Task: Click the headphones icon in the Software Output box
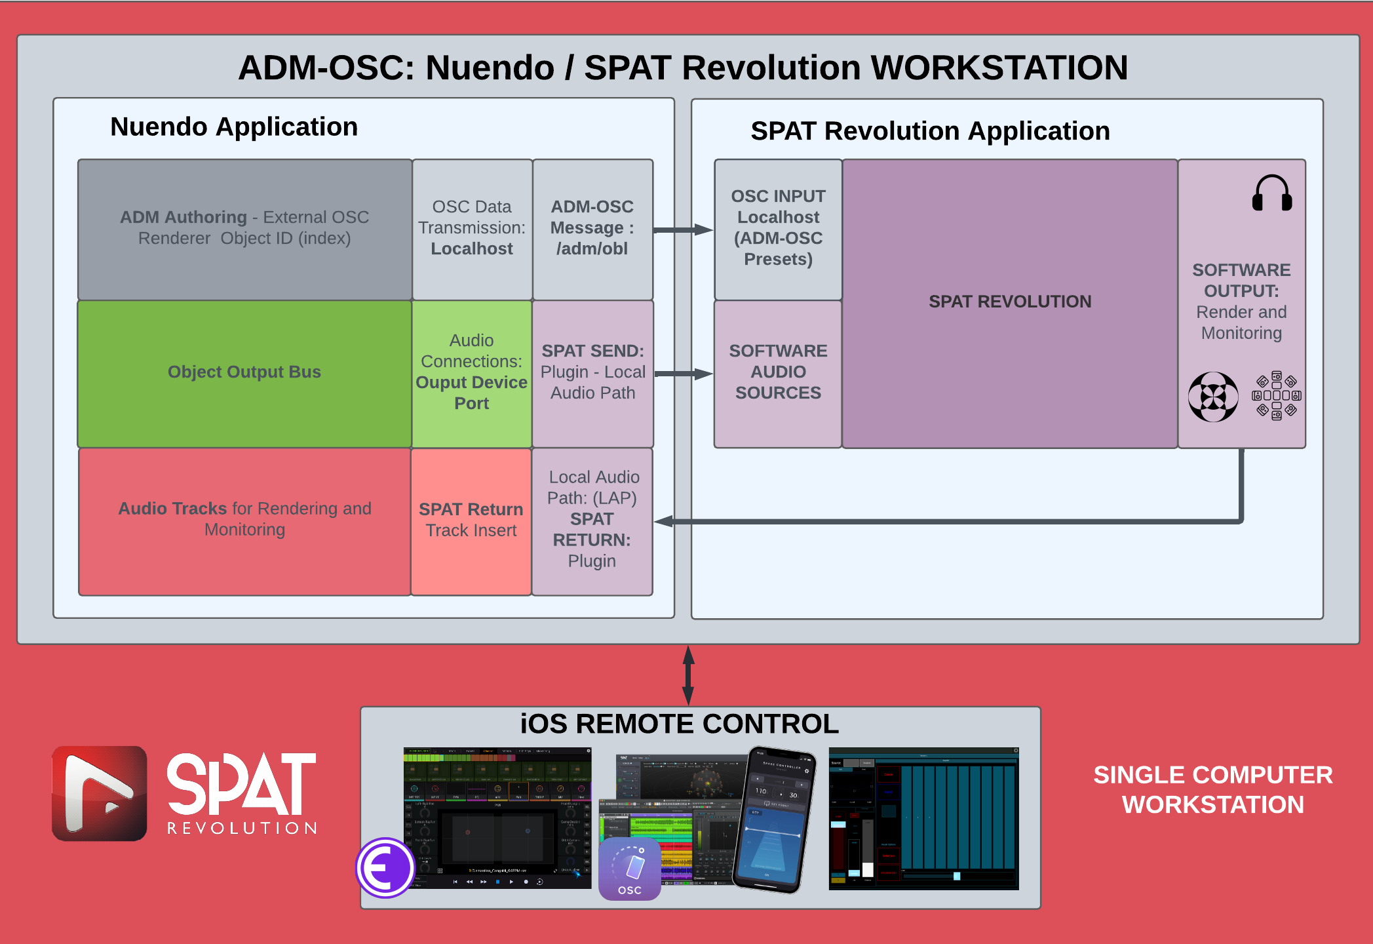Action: [1271, 193]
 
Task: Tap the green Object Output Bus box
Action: [244, 372]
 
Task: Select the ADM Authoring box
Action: [244, 228]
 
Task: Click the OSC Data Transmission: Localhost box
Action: [472, 228]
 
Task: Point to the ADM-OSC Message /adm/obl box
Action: [592, 228]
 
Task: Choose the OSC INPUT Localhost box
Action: [778, 228]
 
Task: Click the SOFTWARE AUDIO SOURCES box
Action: [778, 372]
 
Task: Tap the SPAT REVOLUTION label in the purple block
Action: [1009, 302]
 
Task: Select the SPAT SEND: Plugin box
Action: [592, 372]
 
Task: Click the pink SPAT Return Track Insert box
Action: [471, 521]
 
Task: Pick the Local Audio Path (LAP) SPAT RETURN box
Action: [592, 521]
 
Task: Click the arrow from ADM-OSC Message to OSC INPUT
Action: [682, 230]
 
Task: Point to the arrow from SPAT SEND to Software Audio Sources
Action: [682, 374]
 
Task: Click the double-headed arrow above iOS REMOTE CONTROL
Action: [688, 675]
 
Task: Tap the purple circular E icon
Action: [385, 868]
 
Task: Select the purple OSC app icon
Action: [629, 869]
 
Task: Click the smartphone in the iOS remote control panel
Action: [774, 819]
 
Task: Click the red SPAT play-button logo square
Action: [100, 793]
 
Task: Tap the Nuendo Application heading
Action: [234, 127]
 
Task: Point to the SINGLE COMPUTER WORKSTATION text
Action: [1212, 790]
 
